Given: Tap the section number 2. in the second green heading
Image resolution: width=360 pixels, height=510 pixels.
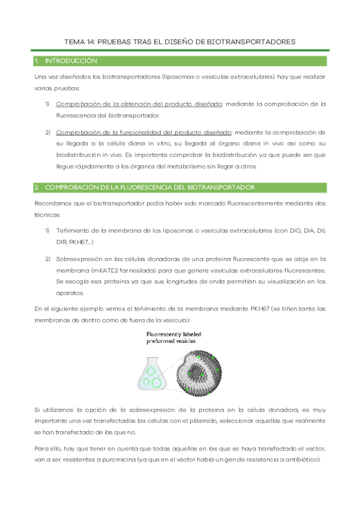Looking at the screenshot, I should click(x=37, y=188).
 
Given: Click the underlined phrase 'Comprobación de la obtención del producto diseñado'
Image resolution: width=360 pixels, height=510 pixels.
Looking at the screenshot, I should click(x=139, y=103).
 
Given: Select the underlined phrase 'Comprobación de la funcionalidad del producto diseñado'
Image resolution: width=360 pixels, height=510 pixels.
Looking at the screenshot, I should click(x=143, y=132).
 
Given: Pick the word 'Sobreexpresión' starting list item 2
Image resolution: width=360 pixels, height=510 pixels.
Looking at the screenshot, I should click(x=78, y=259).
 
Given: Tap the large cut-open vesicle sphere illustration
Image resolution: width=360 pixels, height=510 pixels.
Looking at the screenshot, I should click(x=201, y=368).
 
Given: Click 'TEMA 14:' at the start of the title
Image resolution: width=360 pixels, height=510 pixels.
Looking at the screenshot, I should click(x=79, y=42).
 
